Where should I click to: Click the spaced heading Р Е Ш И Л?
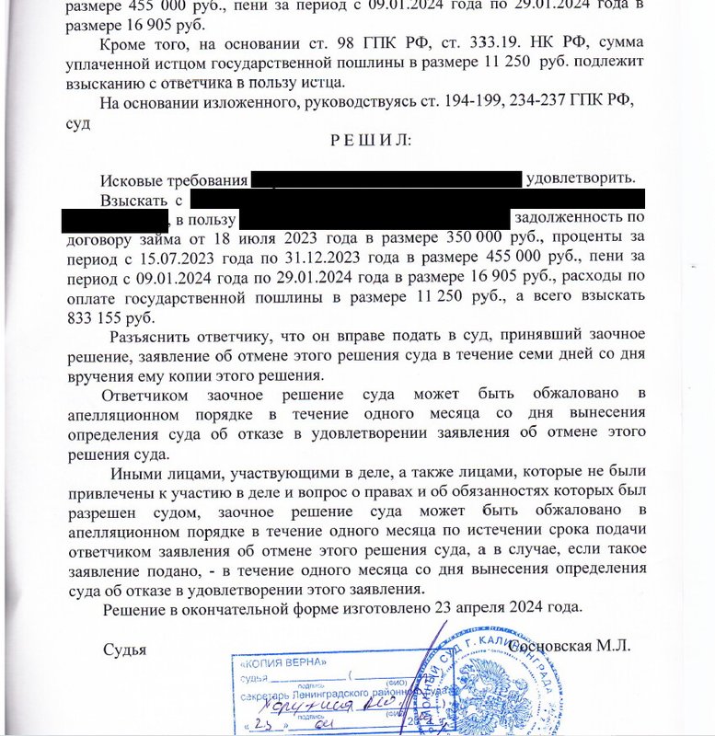click(x=365, y=140)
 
